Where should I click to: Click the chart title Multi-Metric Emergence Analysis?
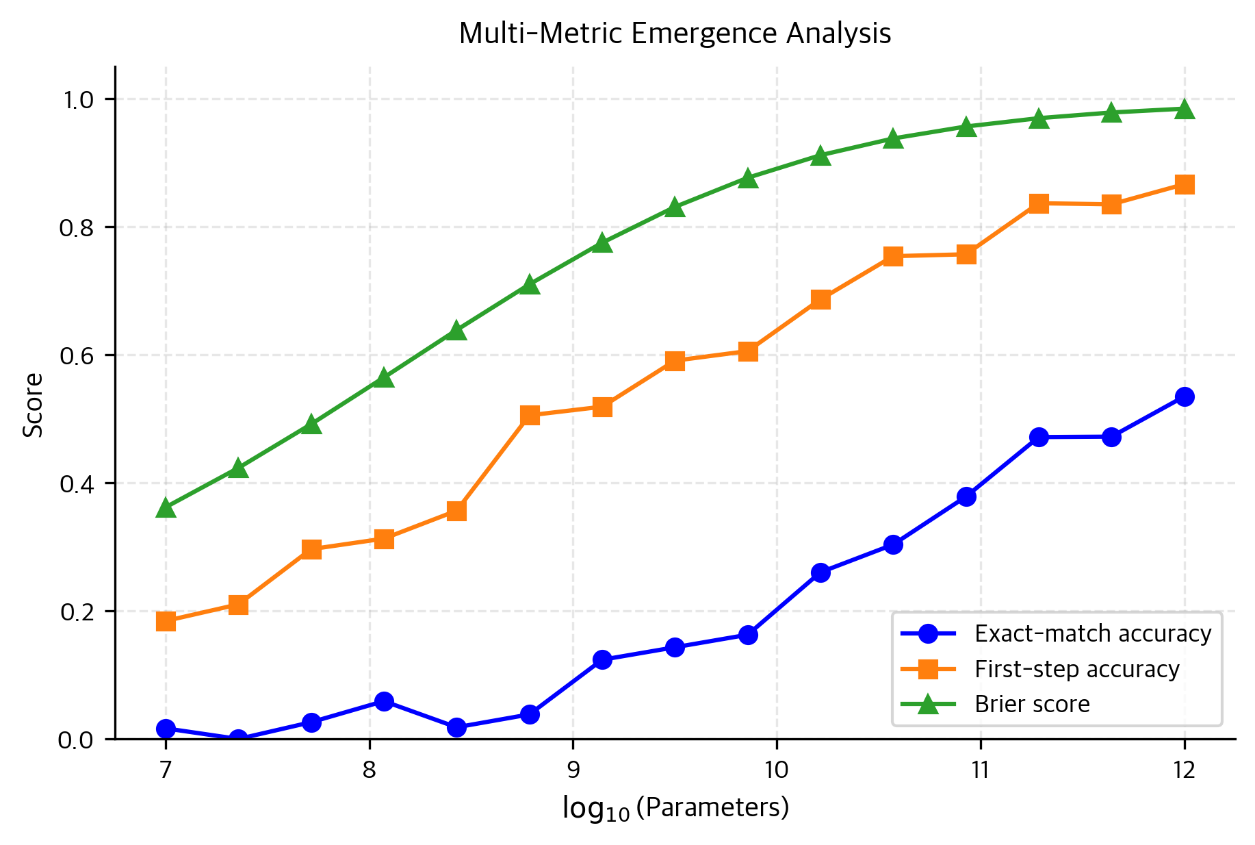click(x=674, y=34)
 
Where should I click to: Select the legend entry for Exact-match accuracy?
click(x=1092, y=634)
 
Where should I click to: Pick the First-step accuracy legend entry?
click(x=1076, y=669)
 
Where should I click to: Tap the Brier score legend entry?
click(x=1031, y=704)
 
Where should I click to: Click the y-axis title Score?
click(x=33, y=405)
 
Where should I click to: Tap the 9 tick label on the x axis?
click(x=573, y=771)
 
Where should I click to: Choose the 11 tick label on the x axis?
click(x=980, y=771)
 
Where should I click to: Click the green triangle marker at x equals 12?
click(x=1185, y=110)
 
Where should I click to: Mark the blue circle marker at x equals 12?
click(x=1185, y=396)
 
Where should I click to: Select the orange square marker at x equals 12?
click(x=1185, y=185)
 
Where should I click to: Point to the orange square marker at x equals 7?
click(x=166, y=621)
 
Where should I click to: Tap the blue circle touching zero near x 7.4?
click(x=238, y=739)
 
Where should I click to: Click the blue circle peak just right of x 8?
click(x=384, y=701)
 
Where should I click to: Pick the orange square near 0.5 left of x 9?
click(x=530, y=415)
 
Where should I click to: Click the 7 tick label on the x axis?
click(x=166, y=771)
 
